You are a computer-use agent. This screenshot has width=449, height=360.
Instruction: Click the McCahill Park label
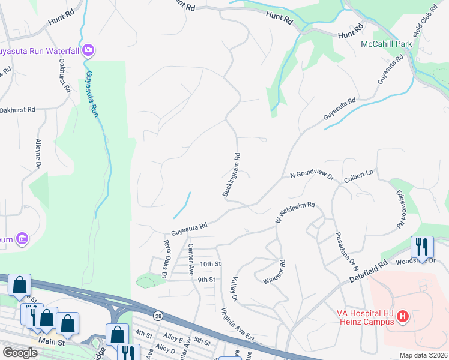pyautogui.click(x=387, y=44)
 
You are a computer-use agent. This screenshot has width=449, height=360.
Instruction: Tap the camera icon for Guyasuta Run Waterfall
pyautogui.click(x=89, y=49)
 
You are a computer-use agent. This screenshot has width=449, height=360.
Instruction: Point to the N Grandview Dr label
pyautogui.click(x=312, y=175)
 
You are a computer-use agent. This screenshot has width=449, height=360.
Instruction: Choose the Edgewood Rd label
pyautogui.click(x=400, y=209)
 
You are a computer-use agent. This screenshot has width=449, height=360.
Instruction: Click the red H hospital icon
pyautogui.click(x=403, y=316)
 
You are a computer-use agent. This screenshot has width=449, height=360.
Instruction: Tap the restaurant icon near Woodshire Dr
pyautogui.click(x=422, y=246)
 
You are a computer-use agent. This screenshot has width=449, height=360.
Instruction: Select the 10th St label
pyautogui.click(x=211, y=264)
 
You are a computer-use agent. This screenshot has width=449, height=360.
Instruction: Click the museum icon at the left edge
pyautogui.click(x=22, y=239)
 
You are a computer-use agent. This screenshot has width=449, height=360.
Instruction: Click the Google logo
pyautogui.click(x=20, y=352)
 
